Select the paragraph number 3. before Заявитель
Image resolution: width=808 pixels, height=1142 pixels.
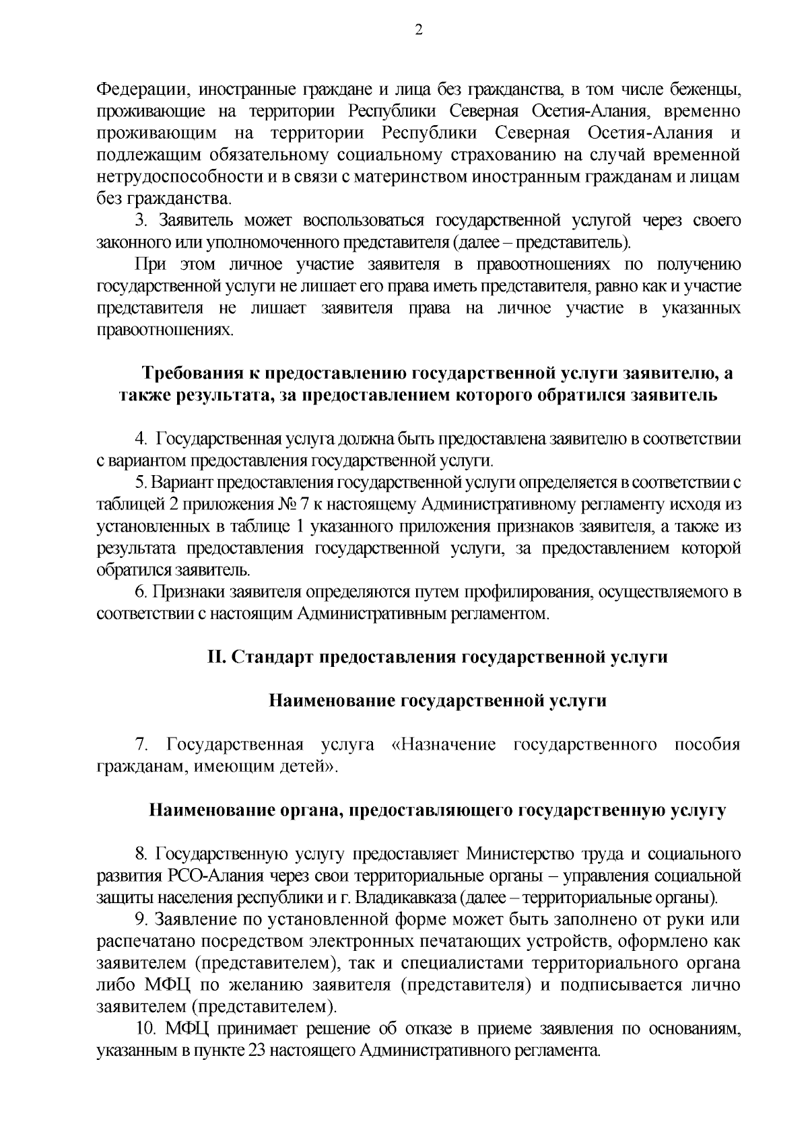[141, 221]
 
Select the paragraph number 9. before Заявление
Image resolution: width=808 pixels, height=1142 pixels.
[141, 920]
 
